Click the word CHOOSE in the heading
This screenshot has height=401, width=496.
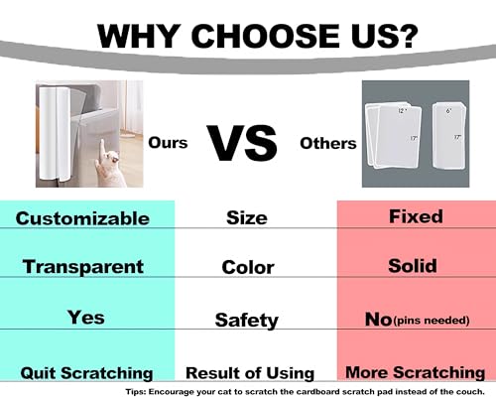tap(266, 36)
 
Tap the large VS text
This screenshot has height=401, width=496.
tap(242, 143)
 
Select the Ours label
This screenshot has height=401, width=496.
tap(168, 143)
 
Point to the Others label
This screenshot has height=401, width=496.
tap(328, 143)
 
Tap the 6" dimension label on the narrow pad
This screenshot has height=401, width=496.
tap(448, 111)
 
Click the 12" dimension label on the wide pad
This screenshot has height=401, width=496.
tap(402, 110)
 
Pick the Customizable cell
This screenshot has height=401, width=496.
tap(82, 218)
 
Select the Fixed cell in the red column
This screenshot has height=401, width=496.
tap(416, 216)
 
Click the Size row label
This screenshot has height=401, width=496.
tap(247, 218)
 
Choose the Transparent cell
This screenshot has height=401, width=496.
tap(83, 267)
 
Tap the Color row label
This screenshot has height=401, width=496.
tap(248, 267)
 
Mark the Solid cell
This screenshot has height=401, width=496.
tap(413, 266)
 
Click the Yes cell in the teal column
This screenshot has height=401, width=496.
tap(86, 317)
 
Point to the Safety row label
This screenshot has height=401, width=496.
tap(247, 321)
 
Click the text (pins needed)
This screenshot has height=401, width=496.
tap(432, 321)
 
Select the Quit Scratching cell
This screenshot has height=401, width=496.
tap(86, 373)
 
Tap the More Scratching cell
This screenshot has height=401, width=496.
tap(416, 372)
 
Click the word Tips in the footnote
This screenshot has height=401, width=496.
tap(136, 392)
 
